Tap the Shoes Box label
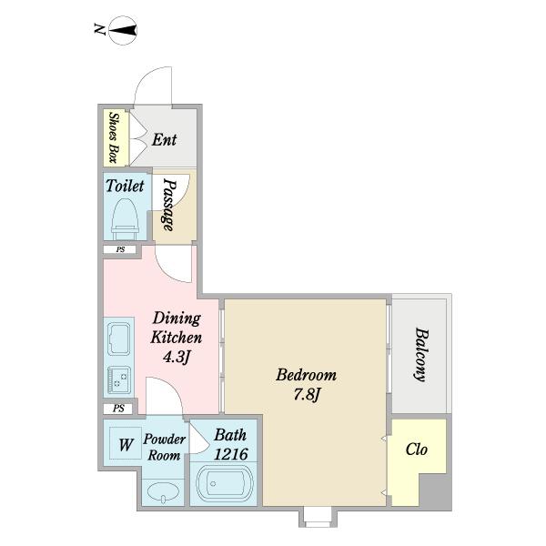click(113, 137)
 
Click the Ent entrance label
click(164, 139)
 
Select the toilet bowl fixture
click(125, 216)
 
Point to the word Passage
click(169, 205)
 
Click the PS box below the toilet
click(120, 249)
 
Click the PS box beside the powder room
click(118, 408)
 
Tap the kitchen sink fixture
click(119, 339)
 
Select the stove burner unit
click(119, 380)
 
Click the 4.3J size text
click(177, 357)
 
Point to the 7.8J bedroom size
click(307, 395)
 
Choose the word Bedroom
click(307, 375)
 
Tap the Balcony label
click(421, 355)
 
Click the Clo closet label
click(417, 450)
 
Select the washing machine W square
click(126, 443)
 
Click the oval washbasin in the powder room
click(163, 492)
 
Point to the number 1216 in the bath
click(231, 454)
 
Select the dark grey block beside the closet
click(435, 491)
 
